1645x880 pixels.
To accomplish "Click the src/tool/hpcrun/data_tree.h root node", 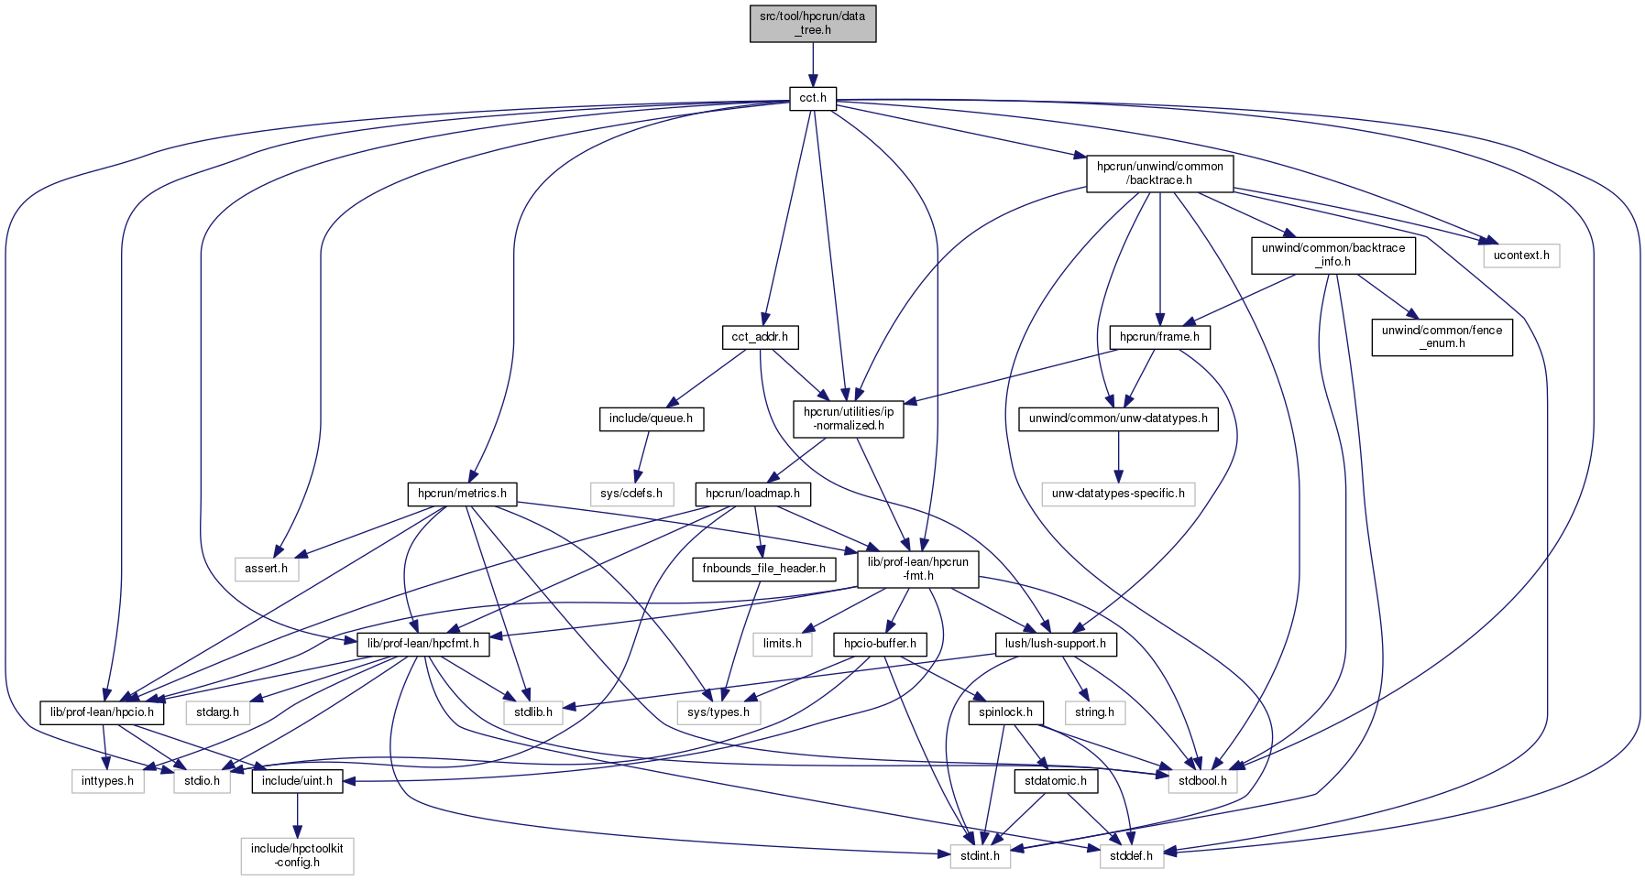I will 812,23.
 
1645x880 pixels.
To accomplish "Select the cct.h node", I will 812,98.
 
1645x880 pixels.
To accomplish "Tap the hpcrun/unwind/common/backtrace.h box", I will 1159,173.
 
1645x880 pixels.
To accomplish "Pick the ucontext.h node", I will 1520,255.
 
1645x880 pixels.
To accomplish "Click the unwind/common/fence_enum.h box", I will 1442,337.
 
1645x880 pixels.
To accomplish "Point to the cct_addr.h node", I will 759,337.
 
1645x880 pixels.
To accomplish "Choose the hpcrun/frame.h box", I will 1159,337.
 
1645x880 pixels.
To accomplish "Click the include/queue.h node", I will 650,419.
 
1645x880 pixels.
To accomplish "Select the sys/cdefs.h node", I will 631,494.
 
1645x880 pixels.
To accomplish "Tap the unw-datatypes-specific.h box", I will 1117,494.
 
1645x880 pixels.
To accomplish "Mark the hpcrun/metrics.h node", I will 461,494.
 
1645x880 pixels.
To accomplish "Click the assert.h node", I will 266,569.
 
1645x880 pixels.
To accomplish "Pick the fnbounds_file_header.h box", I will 763,569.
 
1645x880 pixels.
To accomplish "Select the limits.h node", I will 782,644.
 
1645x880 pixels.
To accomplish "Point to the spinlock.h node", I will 1005,712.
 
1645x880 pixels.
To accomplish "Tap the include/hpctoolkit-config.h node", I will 297,855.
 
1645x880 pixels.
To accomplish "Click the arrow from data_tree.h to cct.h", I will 812,64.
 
